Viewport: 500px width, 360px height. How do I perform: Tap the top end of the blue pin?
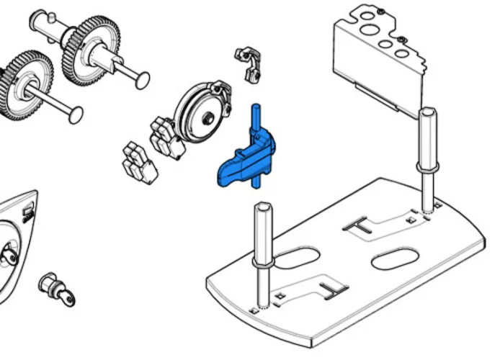254,109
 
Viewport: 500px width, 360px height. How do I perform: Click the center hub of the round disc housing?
207,117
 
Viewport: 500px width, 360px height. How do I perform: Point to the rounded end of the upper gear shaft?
143,77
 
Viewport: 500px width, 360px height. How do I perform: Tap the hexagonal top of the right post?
427,113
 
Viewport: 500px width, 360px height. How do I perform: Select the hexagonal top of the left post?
263,208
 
